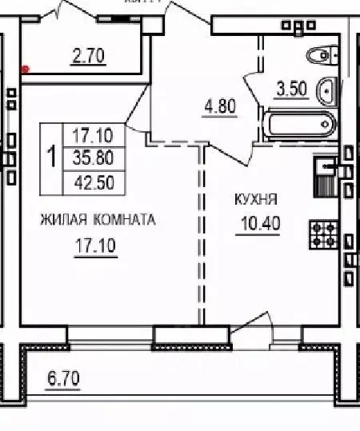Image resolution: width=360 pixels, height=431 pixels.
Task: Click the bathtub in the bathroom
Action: click(298, 125)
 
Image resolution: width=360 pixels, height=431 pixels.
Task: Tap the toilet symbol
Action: click(322, 54)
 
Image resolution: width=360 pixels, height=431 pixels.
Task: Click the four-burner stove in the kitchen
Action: click(324, 233)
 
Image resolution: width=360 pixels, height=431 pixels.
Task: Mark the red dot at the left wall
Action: click(26, 69)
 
